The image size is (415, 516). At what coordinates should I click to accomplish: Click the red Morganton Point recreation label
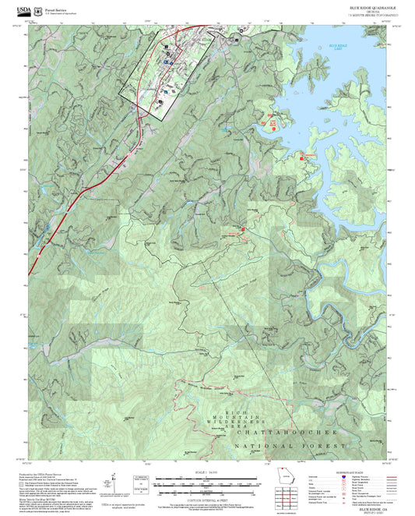pyautogui.click(x=310, y=157)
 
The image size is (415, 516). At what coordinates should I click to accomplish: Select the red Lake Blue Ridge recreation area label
pyautogui.click(x=273, y=123)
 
